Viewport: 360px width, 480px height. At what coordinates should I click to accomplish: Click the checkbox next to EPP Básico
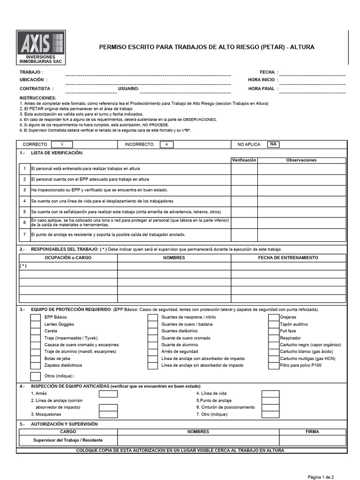35,317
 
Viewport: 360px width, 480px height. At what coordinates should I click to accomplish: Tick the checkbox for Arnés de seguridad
152,351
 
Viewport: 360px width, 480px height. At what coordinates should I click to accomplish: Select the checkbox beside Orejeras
273,317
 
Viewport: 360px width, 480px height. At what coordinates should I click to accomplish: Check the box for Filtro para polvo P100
273,365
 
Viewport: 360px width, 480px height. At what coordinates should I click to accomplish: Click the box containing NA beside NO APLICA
272,144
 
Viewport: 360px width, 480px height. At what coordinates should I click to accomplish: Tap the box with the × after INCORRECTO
166,144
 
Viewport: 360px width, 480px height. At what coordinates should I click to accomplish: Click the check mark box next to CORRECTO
61,144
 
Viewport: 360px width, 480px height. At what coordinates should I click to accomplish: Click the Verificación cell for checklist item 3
244,190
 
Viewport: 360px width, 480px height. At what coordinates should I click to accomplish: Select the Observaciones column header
301,160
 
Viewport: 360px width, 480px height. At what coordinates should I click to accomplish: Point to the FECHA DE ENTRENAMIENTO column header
288,258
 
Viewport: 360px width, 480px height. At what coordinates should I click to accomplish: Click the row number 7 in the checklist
24,234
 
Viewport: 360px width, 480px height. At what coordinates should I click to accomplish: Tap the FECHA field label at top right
267,72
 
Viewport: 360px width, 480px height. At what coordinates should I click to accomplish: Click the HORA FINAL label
262,88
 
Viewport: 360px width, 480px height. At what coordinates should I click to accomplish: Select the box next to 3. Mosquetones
108,414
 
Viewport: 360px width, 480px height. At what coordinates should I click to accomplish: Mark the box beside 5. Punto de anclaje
270,401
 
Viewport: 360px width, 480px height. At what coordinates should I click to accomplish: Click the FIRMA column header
312,432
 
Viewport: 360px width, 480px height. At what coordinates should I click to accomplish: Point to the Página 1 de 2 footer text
321,477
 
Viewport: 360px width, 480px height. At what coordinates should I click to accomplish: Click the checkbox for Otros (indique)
35,376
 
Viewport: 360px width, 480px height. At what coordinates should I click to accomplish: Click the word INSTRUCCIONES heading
38,97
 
